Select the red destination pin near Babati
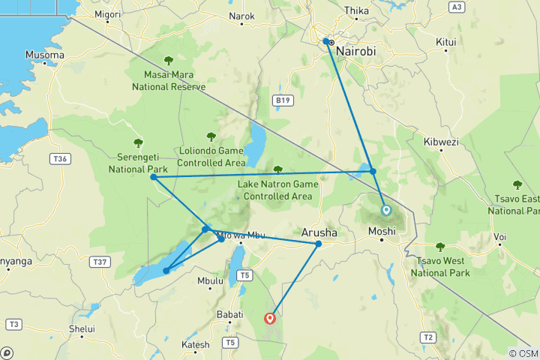point(270,317)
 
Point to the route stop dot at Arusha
point(318,244)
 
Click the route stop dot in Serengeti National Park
point(153,177)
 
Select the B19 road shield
point(281,100)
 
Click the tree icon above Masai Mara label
point(168,61)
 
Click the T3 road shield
point(13,324)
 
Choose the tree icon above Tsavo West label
point(440,247)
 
